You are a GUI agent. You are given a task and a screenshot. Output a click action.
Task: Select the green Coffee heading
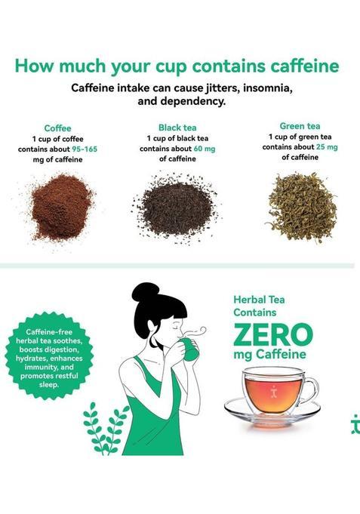pos(57,128)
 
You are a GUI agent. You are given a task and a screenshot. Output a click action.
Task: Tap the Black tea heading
pos(177,128)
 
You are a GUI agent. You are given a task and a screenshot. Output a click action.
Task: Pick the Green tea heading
pos(300,126)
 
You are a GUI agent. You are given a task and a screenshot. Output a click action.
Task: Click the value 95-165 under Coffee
pos(85,149)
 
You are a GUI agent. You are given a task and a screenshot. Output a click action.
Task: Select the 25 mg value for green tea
pos(327,147)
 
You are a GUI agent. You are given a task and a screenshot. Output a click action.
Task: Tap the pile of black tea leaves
pos(176,204)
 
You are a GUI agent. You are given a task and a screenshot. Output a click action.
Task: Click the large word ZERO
pos(272,334)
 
